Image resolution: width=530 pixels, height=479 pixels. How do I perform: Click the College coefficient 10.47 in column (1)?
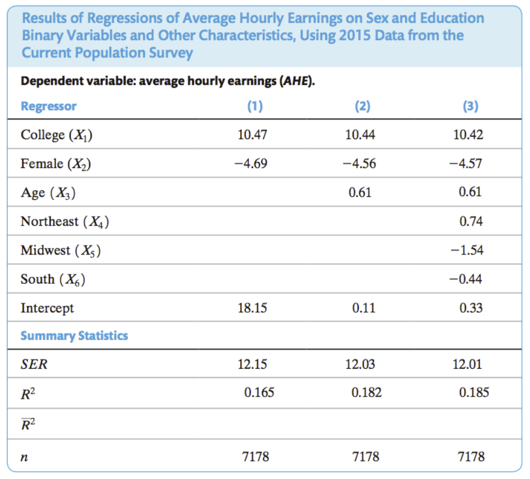click(x=252, y=135)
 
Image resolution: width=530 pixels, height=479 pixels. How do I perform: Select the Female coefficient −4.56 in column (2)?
click(x=360, y=164)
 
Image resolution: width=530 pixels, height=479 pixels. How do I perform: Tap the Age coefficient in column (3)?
click(x=471, y=193)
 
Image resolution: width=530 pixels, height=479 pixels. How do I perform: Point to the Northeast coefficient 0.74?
click(x=471, y=222)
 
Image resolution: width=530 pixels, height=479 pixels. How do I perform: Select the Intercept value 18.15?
click(x=252, y=308)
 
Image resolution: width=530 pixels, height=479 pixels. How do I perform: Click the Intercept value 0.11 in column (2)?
click(x=363, y=308)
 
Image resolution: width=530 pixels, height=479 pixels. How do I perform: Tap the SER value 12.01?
click(x=468, y=365)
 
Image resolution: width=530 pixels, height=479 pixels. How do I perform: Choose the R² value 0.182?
click(x=366, y=393)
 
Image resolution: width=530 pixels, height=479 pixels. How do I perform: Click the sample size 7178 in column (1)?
click(x=254, y=457)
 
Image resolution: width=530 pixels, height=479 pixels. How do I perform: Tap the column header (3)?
click(x=471, y=106)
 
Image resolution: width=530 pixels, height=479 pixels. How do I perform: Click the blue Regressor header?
click(x=48, y=106)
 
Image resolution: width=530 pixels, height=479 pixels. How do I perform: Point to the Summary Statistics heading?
click(x=74, y=336)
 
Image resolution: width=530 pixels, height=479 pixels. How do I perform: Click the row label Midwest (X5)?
click(x=62, y=250)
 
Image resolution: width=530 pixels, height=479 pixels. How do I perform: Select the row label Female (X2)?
click(x=56, y=164)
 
